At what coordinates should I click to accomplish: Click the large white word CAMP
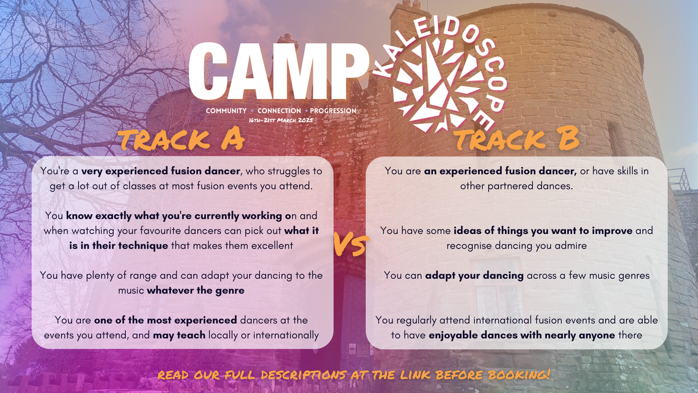click(x=272, y=73)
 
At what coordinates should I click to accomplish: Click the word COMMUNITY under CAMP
click(x=226, y=111)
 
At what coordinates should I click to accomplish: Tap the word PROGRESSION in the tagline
click(x=333, y=111)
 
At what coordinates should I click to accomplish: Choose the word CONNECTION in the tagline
click(x=279, y=111)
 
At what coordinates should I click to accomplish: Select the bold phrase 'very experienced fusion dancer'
click(x=152, y=172)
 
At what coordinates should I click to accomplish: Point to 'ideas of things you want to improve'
click(x=543, y=231)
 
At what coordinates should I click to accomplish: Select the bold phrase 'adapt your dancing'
click(x=474, y=275)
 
